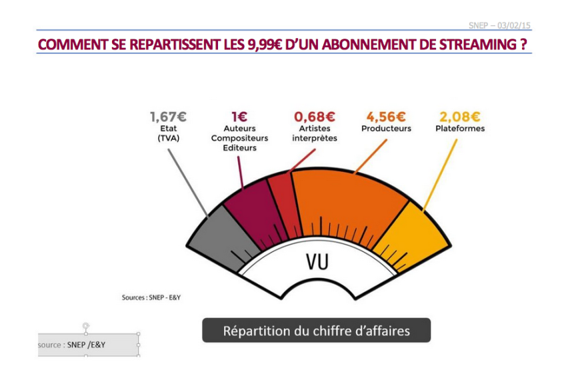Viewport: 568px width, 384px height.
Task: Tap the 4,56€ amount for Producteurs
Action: click(x=386, y=117)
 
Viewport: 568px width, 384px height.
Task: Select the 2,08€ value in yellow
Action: click(x=459, y=117)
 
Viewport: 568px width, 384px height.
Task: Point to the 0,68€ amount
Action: click(x=314, y=117)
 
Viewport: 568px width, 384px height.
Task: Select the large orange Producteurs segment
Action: click(x=347, y=200)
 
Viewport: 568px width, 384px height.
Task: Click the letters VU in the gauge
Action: click(x=317, y=262)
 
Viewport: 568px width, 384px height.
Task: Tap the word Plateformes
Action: click(x=459, y=129)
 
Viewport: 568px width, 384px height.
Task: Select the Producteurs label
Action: click(x=386, y=129)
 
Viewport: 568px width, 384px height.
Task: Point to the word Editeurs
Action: click(x=239, y=148)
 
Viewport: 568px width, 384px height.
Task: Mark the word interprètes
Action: click(x=314, y=139)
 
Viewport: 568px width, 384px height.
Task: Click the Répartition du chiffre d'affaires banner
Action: click(x=316, y=331)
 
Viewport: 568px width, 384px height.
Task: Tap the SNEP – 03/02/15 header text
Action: click(x=500, y=25)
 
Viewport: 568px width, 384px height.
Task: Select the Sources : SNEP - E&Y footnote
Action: click(x=151, y=297)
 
